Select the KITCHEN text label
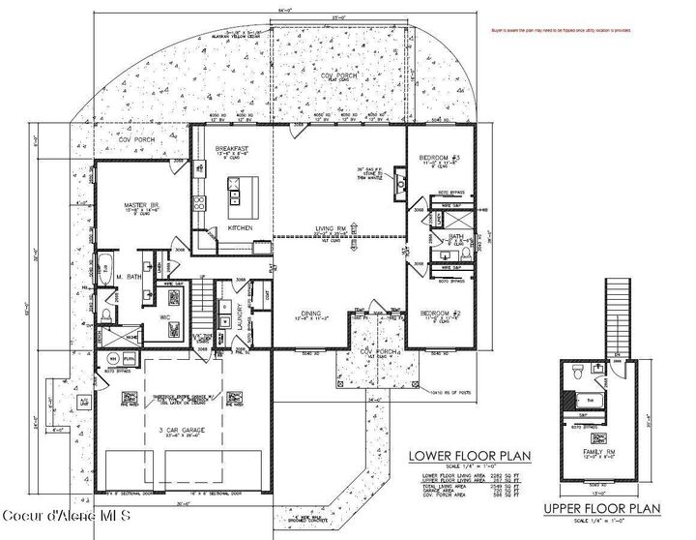point(240,227)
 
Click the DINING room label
point(310,313)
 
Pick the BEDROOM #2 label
point(438,312)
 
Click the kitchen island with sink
point(233,198)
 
